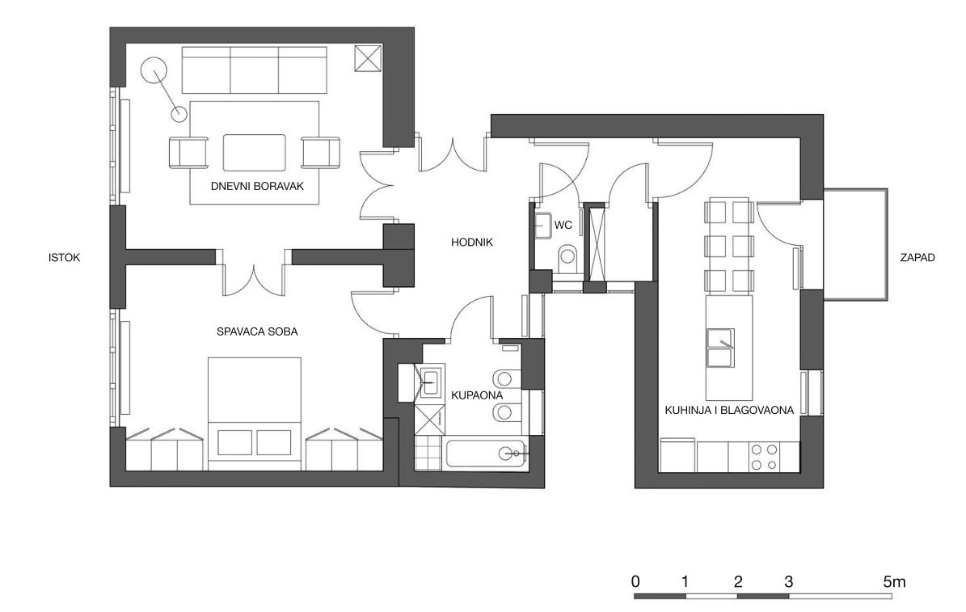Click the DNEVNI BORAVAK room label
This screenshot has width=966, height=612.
point(257,186)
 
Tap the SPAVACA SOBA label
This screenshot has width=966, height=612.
point(257,331)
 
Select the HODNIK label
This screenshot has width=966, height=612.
point(472,243)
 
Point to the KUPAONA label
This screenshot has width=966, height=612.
point(477,395)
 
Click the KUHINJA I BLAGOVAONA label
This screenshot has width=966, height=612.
point(729,410)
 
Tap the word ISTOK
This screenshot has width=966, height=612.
point(64,258)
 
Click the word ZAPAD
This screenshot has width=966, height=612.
point(917,258)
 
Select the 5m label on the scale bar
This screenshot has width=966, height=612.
point(894,581)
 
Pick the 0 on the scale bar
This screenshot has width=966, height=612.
point(635,581)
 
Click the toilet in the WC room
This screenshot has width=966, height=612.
point(567,258)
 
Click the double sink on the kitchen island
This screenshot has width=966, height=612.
point(720,348)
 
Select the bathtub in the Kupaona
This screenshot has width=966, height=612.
point(487,454)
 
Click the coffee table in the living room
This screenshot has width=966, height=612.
point(255,152)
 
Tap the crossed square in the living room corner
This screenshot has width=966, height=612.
point(369,58)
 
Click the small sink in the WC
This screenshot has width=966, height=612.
point(542,225)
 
